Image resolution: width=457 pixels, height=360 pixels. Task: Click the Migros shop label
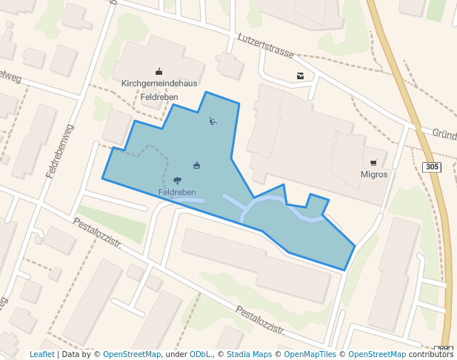click(373, 175)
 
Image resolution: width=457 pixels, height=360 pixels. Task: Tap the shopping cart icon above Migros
click(373, 162)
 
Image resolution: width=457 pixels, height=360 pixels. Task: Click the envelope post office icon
click(300, 76)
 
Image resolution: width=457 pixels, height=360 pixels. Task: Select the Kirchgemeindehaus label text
click(159, 84)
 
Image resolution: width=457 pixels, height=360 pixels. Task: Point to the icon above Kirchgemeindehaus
click(159, 72)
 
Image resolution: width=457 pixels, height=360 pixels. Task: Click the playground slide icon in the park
click(213, 121)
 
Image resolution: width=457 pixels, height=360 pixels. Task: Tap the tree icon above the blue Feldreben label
click(177, 180)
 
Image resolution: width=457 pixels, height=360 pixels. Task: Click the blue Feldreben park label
click(177, 193)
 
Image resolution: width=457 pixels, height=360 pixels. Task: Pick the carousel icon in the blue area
click(197, 165)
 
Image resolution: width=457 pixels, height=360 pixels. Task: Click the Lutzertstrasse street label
click(266, 46)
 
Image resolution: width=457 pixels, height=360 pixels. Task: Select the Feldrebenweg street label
click(60, 151)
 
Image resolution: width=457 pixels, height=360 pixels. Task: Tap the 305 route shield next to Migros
click(433, 167)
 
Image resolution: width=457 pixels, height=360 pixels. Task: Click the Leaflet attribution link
click(41, 354)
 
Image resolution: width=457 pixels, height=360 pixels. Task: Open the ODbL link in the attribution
click(200, 354)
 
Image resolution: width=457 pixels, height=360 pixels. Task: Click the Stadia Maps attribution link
click(249, 354)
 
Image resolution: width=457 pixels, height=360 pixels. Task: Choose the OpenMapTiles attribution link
click(311, 354)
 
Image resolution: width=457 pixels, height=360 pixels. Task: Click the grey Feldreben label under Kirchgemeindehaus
click(159, 96)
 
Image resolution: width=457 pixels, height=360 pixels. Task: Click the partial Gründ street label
click(444, 134)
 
